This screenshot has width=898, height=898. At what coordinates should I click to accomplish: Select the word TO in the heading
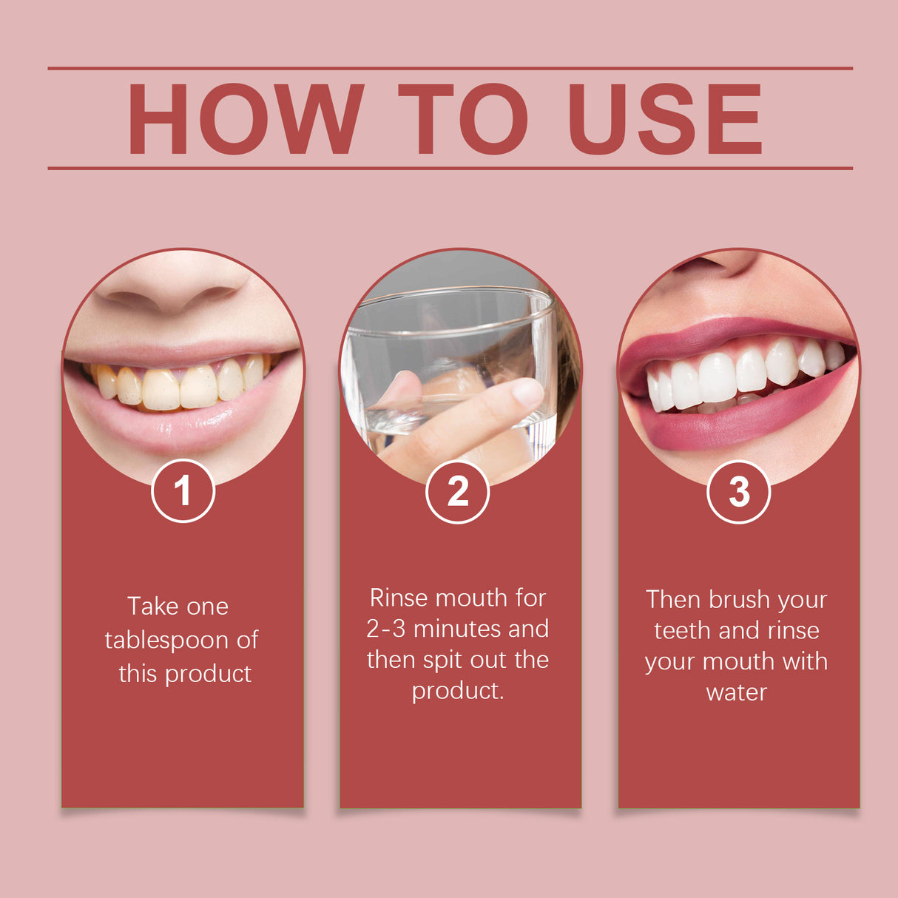(462, 119)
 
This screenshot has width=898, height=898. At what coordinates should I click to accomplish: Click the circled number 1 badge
(183, 491)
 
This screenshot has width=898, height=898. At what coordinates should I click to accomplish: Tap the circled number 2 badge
(457, 492)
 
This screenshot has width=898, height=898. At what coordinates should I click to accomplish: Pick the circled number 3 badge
(738, 492)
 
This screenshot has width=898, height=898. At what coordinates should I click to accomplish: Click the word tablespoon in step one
(167, 641)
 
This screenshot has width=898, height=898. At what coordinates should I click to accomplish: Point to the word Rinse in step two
(405, 598)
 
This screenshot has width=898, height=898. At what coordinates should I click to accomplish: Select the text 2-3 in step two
(386, 629)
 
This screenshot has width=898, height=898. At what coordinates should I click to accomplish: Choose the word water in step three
(737, 693)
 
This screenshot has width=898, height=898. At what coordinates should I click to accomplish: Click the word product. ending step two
(458, 691)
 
